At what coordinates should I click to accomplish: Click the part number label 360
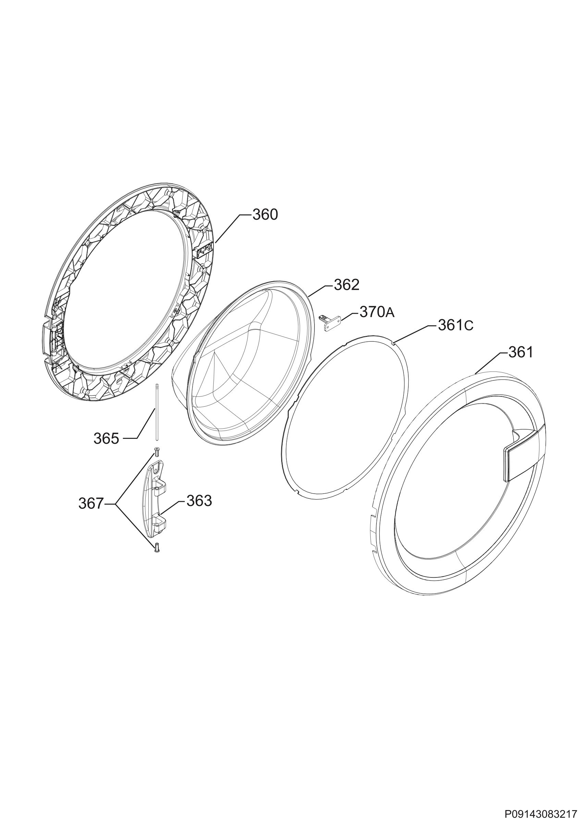coord(265,214)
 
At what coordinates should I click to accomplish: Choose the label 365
coord(106,439)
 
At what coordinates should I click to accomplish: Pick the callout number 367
coord(91,504)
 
